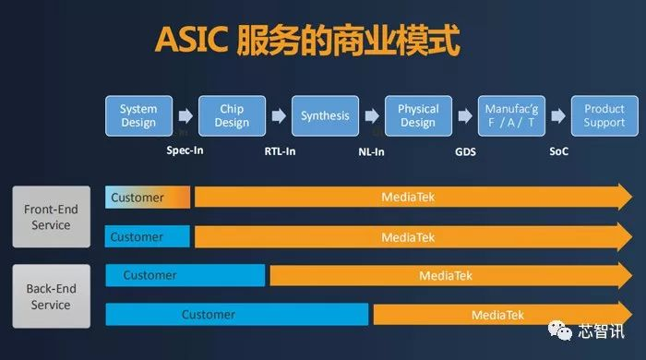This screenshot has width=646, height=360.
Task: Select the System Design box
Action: [x=138, y=116]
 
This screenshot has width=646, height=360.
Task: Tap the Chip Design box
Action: [x=232, y=116]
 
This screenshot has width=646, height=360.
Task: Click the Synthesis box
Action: [x=325, y=116]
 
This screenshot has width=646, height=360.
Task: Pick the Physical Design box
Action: [x=418, y=116]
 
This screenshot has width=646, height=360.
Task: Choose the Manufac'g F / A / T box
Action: [x=510, y=116]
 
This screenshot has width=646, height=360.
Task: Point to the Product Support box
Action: [x=604, y=116]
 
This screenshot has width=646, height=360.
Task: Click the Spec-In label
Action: [x=185, y=150]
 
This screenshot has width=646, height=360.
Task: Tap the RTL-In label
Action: [x=280, y=150]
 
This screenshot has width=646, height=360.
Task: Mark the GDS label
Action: [x=465, y=150]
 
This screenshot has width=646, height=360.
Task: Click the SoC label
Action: [x=559, y=150]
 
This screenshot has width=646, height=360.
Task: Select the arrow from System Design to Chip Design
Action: [x=185, y=117]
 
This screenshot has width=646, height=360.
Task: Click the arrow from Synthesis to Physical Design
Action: [x=371, y=117]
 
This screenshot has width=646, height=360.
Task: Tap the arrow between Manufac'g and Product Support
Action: [x=557, y=117]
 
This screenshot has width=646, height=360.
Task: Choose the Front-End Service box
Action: [x=51, y=217]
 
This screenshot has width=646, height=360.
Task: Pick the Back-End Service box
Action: [x=51, y=296]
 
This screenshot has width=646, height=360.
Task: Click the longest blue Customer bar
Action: [x=237, y=315]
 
